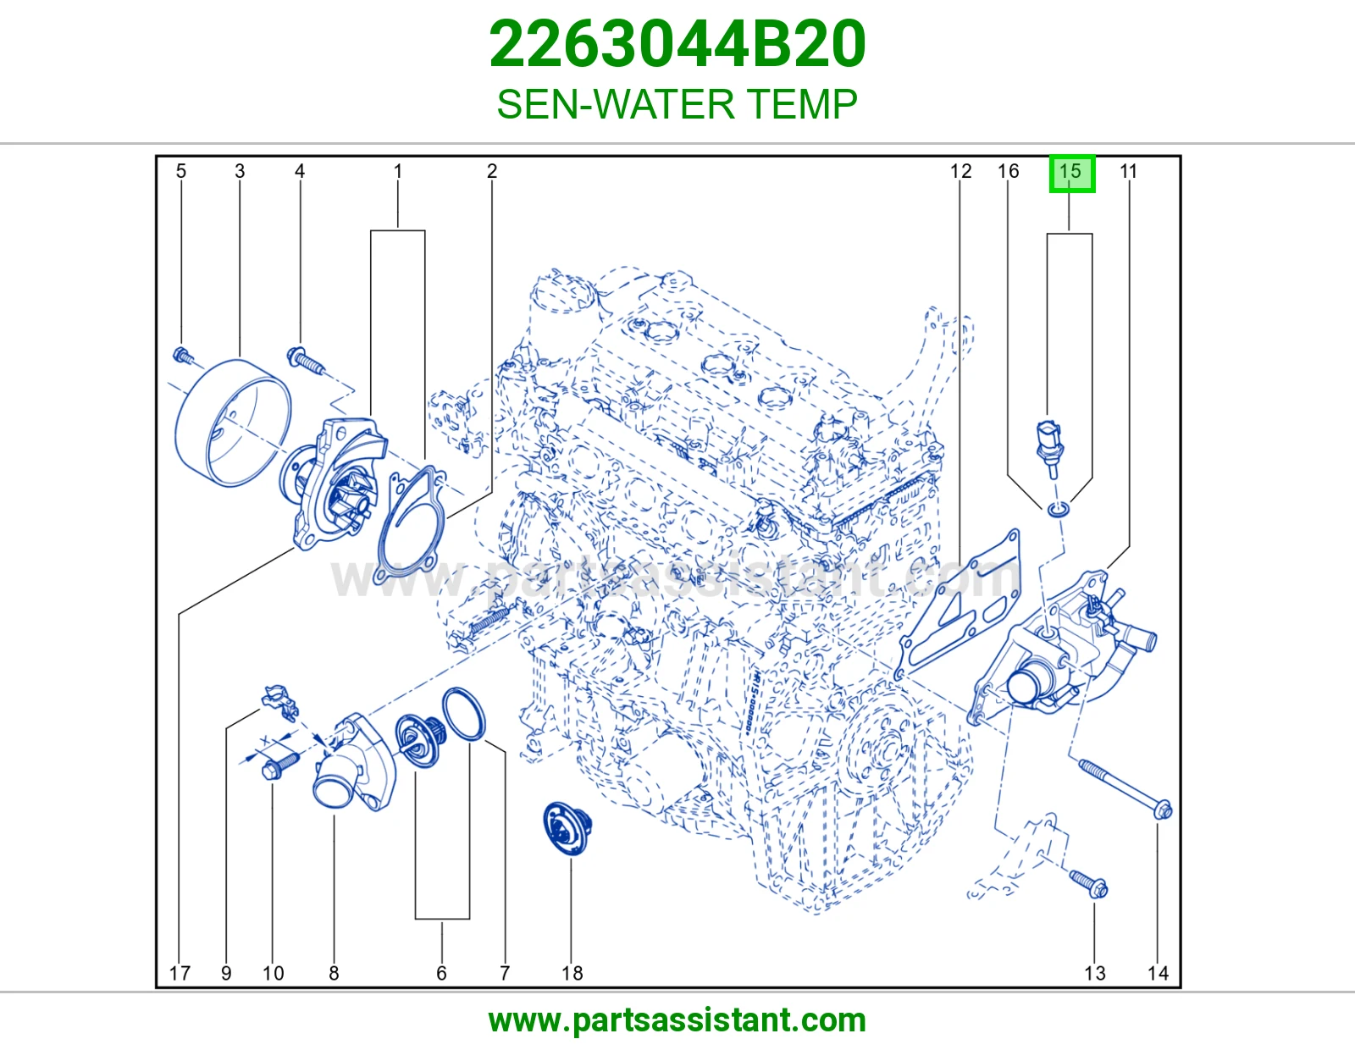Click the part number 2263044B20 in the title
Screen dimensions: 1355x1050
(x=677, y=44)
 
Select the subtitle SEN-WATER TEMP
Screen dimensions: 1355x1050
(x=677, y=104)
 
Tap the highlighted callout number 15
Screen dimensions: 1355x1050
(x=1071, y=173)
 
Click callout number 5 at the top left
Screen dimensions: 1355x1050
(x=181, y=171)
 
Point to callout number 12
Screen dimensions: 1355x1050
(x=960, y=171)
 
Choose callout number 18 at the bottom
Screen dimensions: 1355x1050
(x=572, y=973)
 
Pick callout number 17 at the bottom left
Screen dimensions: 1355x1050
(x=180, y=973)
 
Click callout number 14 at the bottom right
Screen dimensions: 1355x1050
(x=1158, y=973)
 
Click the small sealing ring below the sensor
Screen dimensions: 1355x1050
(x=1059, y=510)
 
